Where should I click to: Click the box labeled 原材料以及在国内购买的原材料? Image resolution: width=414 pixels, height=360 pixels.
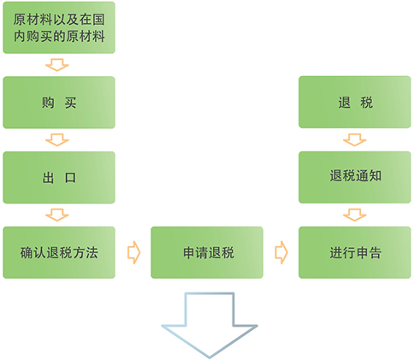click(x=59, y=27)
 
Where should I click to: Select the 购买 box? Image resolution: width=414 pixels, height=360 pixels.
click(x=59, y=103)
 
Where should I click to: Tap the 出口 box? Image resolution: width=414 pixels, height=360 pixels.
click(x=59, y=177)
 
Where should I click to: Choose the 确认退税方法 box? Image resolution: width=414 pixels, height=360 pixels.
click(x=59, y=252)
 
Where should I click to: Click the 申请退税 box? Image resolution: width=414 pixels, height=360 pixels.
click(x=207, y=252)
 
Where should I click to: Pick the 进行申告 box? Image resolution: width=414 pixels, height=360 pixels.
click(x=355, y=252)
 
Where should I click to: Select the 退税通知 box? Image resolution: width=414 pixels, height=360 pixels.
click(x=355, y=177)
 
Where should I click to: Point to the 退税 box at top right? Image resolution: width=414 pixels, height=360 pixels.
click(x=355, y=102)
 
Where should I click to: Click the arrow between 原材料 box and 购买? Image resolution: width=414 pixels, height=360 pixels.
click(x=57, y=65)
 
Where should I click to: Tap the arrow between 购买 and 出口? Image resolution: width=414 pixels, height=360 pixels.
click(x=57, y=140)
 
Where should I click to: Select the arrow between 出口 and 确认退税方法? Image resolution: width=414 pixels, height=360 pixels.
click(x=57, y=215)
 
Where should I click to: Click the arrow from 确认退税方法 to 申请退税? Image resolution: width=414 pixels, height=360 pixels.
click(x=133, y=252)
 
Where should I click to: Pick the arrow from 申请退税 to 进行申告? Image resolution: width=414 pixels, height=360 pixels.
click(x=281, y=252)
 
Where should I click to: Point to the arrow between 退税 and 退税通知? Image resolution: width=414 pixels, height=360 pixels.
click(x=354, y=140)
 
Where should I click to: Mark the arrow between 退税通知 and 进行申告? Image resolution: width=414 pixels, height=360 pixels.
click(x=354, y=215)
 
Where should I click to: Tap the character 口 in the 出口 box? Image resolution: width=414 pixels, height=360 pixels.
click(x=70, y=178)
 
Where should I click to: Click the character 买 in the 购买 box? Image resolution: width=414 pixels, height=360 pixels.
click(x=70, y=103)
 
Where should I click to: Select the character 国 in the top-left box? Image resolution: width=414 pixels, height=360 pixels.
click(x=98, y=20)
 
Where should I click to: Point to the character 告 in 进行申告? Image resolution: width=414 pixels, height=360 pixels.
click(x=375, y=253)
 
